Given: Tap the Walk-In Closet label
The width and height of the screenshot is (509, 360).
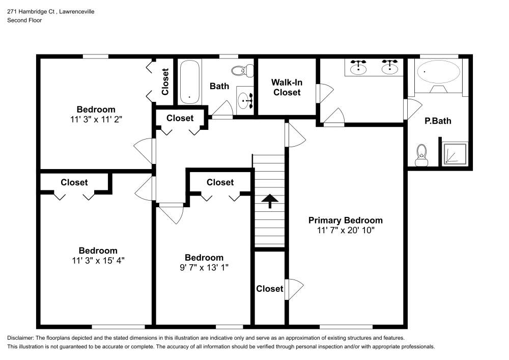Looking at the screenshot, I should click(x=286, y=87).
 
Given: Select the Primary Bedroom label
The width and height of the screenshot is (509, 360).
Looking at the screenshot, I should click(x=345, y=220).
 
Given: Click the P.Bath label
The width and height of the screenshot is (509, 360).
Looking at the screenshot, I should click(x=438, y=121).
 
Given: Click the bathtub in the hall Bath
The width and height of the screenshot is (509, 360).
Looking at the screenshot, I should click(x=189, y=82).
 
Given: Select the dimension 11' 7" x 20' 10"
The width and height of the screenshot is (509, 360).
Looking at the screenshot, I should click(x=345, y=230).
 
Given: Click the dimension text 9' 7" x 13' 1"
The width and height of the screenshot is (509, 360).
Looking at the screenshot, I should click(x=204, y=267).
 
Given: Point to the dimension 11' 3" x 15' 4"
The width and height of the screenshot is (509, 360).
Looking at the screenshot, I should click(x=98, y=260).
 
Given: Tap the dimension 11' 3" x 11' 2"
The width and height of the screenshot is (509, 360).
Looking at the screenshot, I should click(x=96, y=119).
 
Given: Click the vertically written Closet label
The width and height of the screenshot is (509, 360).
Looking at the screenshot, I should click(x=165, y=81).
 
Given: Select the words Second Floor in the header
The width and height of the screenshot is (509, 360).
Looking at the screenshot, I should click(x=24, y=20).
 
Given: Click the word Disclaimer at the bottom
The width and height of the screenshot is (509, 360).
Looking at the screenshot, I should click(x=20, y=338).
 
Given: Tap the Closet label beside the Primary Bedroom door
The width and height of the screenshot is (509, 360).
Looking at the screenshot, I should click(x=269, y=289).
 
